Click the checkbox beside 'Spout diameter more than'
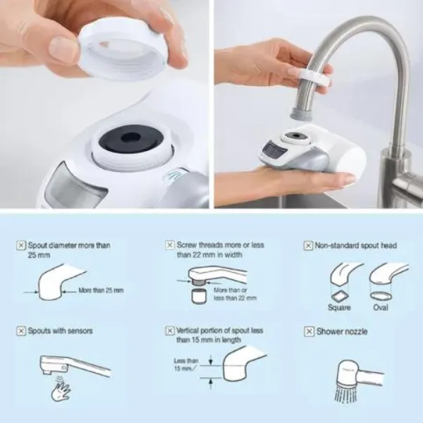click(x=21, y=245)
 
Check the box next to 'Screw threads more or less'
click(x=170, y=245)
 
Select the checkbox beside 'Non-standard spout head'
click(x=308, y=246)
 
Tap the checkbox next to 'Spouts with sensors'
click(x=21, y=331)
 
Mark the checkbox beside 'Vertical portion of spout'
click(x=170, y=331)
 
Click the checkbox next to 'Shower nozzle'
click(x=309, y=331)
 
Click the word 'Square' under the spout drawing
click(x=339, y=307)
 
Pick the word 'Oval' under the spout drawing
click(x=381, y=307)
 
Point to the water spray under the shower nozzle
click(x=344, y=394)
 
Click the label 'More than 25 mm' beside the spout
click(x=101, y=290)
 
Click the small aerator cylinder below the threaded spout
click(x=199, y=296)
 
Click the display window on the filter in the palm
click(x=273, y=152)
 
